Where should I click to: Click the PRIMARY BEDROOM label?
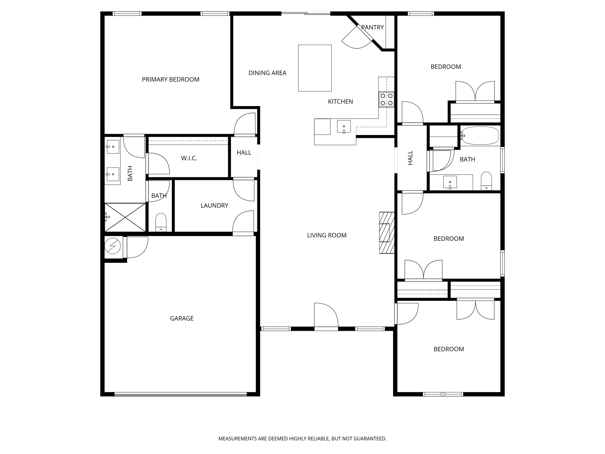170,79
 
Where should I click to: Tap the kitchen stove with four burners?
386,99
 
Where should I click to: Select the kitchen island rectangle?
315,68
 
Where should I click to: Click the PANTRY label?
372,27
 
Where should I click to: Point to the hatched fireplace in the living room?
387,233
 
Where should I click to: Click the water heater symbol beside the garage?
113,246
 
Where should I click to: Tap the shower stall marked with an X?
125,217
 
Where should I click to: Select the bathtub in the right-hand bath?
480,136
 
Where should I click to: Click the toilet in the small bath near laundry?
161,222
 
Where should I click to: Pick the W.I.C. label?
189,158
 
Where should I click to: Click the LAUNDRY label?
214,205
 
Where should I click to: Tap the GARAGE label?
182,318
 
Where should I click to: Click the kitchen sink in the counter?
344,127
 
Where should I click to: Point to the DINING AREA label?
267,73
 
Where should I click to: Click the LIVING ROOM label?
326,235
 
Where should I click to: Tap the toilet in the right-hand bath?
486,181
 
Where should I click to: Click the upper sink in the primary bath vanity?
113,147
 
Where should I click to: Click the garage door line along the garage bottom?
180,394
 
